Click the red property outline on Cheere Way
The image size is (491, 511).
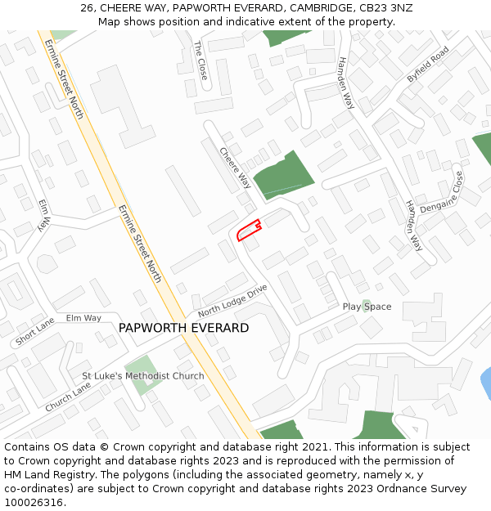(x=248, y=231)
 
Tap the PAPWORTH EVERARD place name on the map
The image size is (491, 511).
(x=183, y=328)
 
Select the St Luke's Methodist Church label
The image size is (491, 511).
(x=143, y=376)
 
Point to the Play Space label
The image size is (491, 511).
(x=367, y=307)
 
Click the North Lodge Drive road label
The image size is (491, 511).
(x=232, y=301)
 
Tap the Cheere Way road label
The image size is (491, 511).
(x=235, y=167)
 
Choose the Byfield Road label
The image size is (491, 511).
(x=428, y=64)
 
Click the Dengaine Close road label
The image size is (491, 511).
(x=442, y=193)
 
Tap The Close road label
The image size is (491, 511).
(x=200, y=60)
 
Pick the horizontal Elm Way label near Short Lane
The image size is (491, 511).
(x=83, y=318)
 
